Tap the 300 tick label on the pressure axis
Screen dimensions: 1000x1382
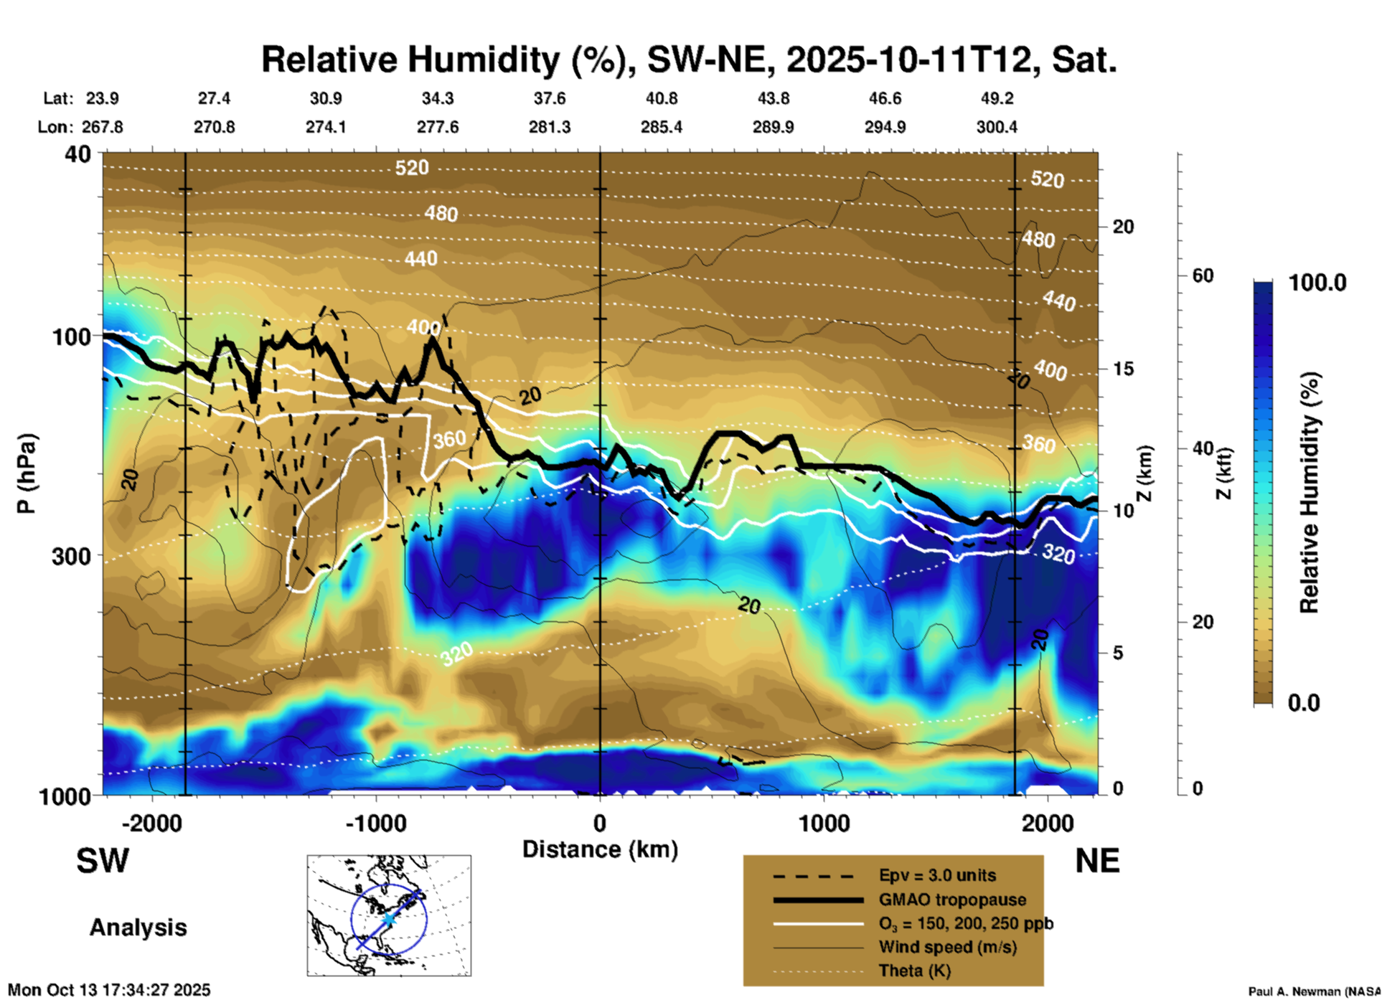point(72,556)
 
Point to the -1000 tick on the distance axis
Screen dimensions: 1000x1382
point(376,823)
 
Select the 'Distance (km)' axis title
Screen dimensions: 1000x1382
point(600,849)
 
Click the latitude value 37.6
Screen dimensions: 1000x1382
point(550,98)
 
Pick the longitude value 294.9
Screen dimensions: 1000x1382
point(885,127)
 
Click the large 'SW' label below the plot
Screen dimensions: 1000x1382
point(103,861)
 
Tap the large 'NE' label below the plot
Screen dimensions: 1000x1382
point(1097,861)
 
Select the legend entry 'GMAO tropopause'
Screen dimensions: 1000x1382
point(952,900)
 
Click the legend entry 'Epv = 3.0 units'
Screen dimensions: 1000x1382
point(937,875)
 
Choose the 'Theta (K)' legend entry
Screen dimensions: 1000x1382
point(914,971)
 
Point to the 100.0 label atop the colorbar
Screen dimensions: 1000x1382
point(1317,283)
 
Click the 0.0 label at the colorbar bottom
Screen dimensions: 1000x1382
point(1304,702)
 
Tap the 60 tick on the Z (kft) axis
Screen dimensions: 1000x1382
point(1203,275)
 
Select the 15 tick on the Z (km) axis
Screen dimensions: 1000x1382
point(1123,369)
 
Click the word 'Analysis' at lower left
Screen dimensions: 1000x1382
point(138,927)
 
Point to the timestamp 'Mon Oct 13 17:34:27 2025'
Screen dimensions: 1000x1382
point(109,990)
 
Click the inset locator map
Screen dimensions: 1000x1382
point(389,915)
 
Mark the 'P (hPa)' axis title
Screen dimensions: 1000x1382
point(27,473)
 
